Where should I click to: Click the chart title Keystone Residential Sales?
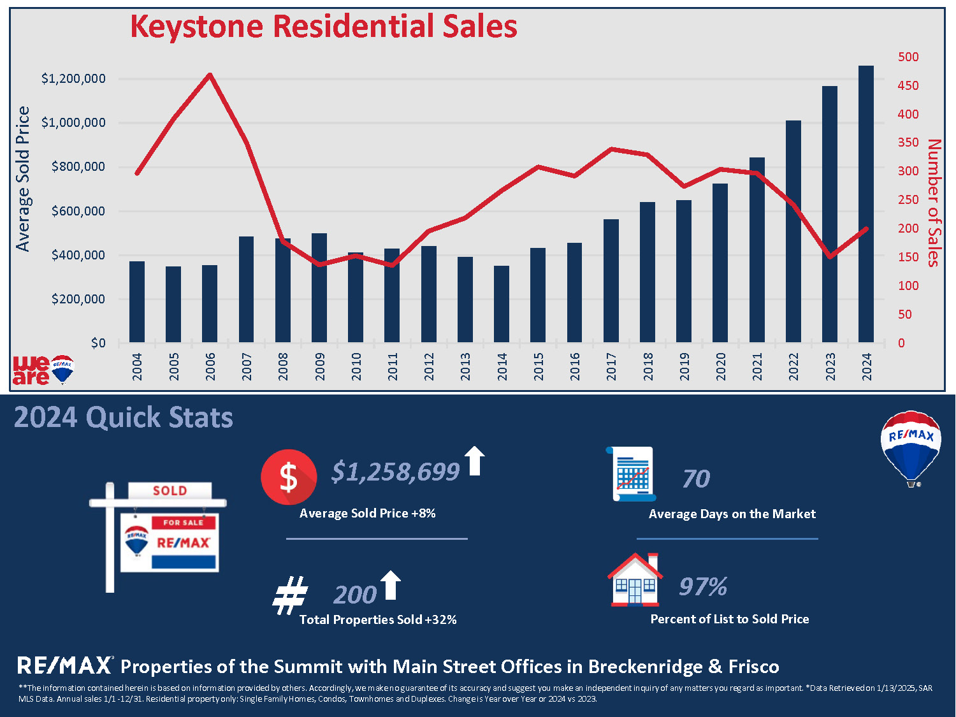click(324, 27)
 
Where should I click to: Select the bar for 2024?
click(866, 204)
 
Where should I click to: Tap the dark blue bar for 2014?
click(502, 304)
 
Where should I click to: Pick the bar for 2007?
click(246, 289)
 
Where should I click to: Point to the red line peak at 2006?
click(210, 75)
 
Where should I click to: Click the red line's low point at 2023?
click(830, 256)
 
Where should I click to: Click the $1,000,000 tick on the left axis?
click(73, 122)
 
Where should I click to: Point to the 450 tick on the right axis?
click(908, 85)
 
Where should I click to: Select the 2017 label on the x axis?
click(611, 366)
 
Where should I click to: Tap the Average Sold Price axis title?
click(23, 179)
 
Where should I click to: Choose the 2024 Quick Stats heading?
click(123, 417)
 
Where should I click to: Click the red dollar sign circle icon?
click(289, 477)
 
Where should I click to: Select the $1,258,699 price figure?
click(395, 472)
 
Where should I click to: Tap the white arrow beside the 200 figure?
click(390, 584)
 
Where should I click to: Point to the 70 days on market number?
click(696, 479)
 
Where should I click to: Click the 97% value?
click(703, 586)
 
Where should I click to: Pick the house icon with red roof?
click(635, 579)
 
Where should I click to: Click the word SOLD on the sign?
click(170, 491)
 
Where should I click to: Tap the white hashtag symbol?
click(290, 595)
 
